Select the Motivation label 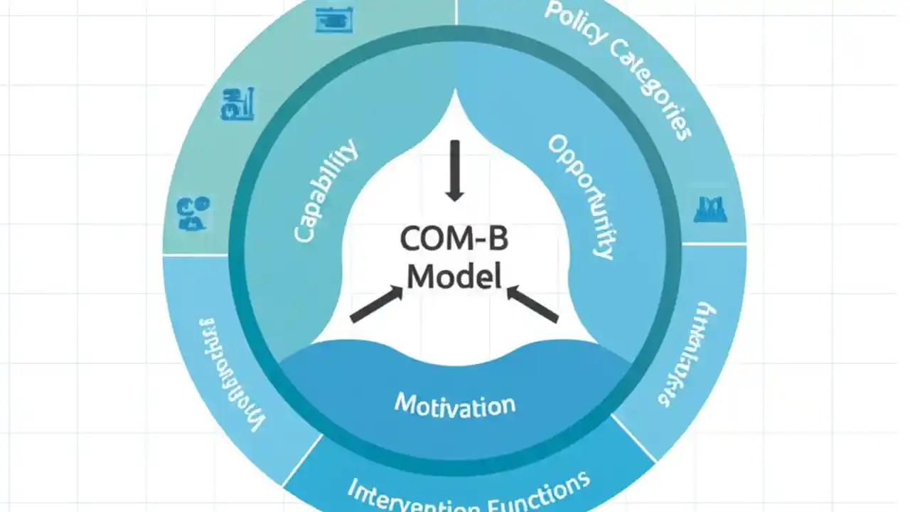pos(455,405)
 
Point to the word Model pos(454,276)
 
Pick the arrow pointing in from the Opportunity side pos(533,305)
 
